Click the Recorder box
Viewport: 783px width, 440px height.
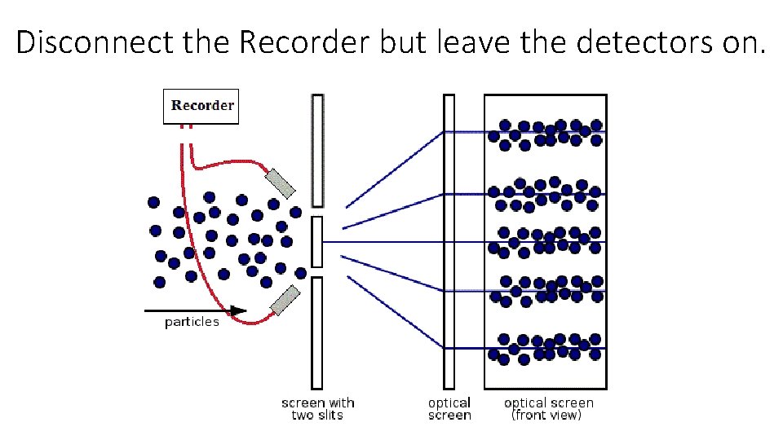click(201, 106)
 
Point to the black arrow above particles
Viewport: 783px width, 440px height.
click(196, 310)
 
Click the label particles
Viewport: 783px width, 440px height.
click(192, 322)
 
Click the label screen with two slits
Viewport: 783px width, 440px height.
click(317, 408)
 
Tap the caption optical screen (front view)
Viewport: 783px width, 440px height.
click(548, 408)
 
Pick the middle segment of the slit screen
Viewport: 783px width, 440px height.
click(317, 241)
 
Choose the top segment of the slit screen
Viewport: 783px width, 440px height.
click(317, 151)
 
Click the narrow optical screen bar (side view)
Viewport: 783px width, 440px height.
click(449, 241)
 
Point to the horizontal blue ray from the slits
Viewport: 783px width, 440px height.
click(383, 242)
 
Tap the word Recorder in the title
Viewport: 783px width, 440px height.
click(305, 42)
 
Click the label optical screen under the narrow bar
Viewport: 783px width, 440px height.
click(449, 408)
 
